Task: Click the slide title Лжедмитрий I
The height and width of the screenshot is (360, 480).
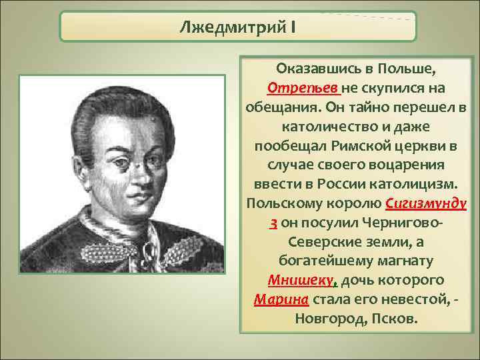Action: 237,28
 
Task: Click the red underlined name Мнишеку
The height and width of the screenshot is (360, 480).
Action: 296,279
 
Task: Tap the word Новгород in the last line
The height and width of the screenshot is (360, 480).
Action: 329,317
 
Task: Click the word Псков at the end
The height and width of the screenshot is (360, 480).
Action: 396,317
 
